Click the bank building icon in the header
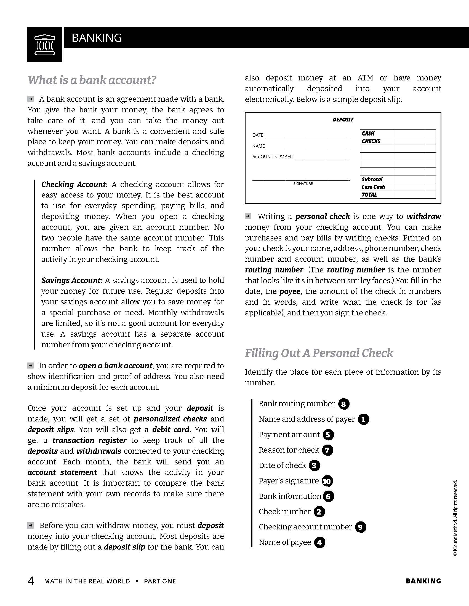pyautogui.click(x=44, y=45)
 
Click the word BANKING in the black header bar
pyautogui.click(x=97, y=38)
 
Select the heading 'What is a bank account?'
pyautogui.click(x=92, y=80)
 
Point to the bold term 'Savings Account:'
pyautogui.click(x=72, y=280)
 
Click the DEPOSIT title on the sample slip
pyautogui.click(x=343, y=120)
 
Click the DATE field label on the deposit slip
pyautogui.click(x=258, y=135)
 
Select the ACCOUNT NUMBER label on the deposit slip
pyautogui.click(x=272, y=157)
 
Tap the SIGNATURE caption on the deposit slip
pyautogui.click(x=303, y=184)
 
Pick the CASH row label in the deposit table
pyautogui.click(x=368, y=134)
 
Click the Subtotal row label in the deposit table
pyautogui.click(x=372, y=179)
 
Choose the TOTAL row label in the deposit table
pyautogui.click(x=369, y=195)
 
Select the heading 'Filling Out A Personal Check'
pyautogui.click(x=319, y=353)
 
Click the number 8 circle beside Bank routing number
pyautogui.click(x=344, y=404)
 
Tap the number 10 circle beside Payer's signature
pyautogui.click(x=327, y=481)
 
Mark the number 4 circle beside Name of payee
pyautogui.click(x=319, y=542)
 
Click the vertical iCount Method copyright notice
pyautogui.click(x=455, y=518)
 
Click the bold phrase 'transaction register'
pyautogui.click(x=89, y=440)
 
